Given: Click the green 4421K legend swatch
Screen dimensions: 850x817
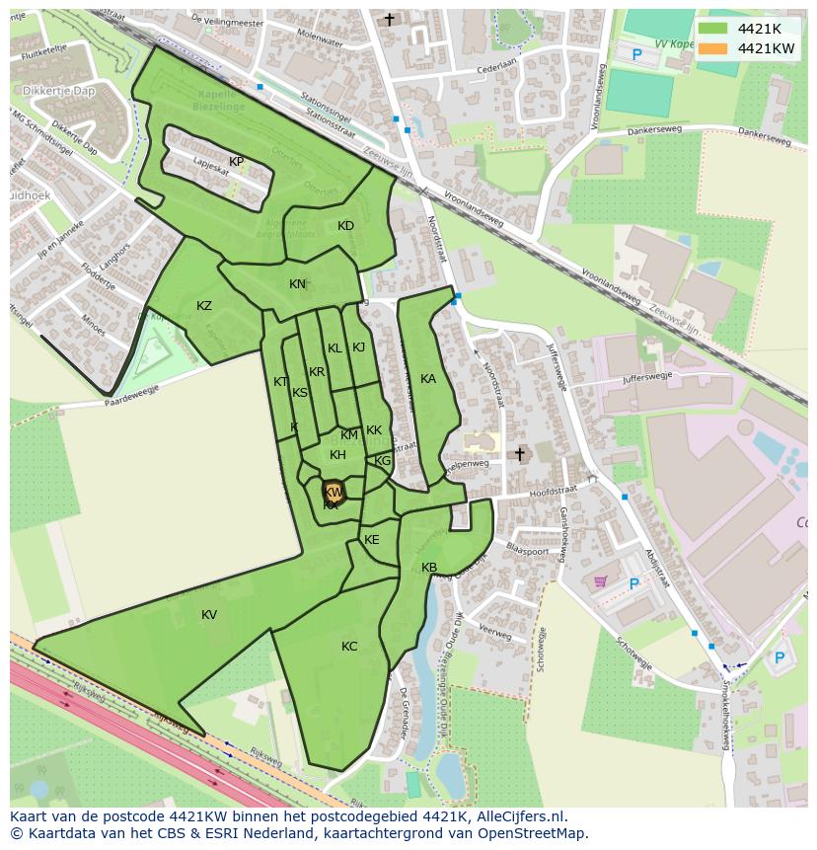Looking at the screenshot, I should [x=712, y=29].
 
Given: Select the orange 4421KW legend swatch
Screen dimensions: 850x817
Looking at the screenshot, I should [x=712, y=48].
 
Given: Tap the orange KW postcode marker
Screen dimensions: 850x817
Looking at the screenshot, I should [x=334, y=492].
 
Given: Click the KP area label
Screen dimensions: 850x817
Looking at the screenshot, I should [x=236, y=162].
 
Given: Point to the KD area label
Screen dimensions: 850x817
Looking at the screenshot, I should [x=345, y=226].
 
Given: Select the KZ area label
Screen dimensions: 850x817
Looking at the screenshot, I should [x=204, y=306].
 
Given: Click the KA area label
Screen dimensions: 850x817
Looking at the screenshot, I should [x=428, y=379].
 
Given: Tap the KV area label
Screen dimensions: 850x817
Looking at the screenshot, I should [x=209, y=615].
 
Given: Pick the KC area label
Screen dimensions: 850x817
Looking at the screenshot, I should [x=349, y=647].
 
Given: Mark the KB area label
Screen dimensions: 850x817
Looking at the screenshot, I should [x=429, y=568].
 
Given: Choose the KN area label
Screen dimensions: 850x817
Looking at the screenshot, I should [x=297, y=284].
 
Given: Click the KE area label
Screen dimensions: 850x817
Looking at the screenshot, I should [x=372, y=540].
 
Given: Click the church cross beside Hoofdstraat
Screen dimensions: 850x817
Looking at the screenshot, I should [x=520, y=454].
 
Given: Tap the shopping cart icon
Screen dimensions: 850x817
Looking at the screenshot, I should [x=600, y=581].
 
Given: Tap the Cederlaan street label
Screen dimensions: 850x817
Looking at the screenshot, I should [x=496, y=62].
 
